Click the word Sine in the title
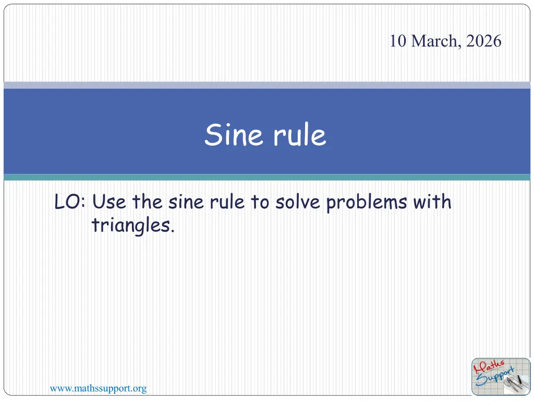(234, 134)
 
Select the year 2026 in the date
(483, 41)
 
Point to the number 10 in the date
(398, 41)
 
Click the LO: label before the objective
(70, 202)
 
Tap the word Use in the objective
(109, 202)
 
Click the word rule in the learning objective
(227, 202)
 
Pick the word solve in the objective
(298, 202)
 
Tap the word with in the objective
(432, 201)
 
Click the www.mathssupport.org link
(98, 388)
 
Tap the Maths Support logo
(501, 376)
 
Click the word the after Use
(147, 202)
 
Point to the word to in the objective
(260, 202)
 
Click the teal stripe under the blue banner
(267, 177)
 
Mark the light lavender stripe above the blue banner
(267, 85)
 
